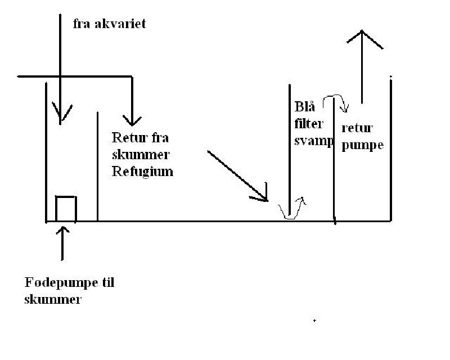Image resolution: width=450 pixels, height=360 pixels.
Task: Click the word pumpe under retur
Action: tap(362, 145)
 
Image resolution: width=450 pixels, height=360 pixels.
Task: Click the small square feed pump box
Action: tap(66, 208)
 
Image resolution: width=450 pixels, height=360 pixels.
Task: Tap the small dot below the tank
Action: tap(314, 321)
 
